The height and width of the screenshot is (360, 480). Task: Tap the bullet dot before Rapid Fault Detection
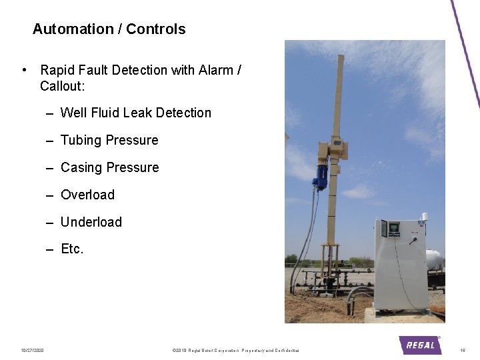(x=25, y=70)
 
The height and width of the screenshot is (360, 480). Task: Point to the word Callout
(x=61, y=87)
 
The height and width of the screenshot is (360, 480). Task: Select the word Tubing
(x=81, y=141)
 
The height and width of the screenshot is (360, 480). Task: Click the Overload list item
(x=87, y=195)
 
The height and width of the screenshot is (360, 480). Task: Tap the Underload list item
(x=91, y=222)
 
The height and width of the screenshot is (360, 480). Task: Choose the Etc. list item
(x=72, y=249)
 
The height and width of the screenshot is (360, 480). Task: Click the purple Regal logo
(x=420, y=345)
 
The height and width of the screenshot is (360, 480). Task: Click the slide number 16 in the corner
(x=463, y=350)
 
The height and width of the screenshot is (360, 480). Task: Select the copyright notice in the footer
(x=235, y=350)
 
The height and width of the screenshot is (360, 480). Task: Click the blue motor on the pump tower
(x=320, y=176)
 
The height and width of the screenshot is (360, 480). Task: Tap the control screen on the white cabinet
(x=394, y=229)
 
